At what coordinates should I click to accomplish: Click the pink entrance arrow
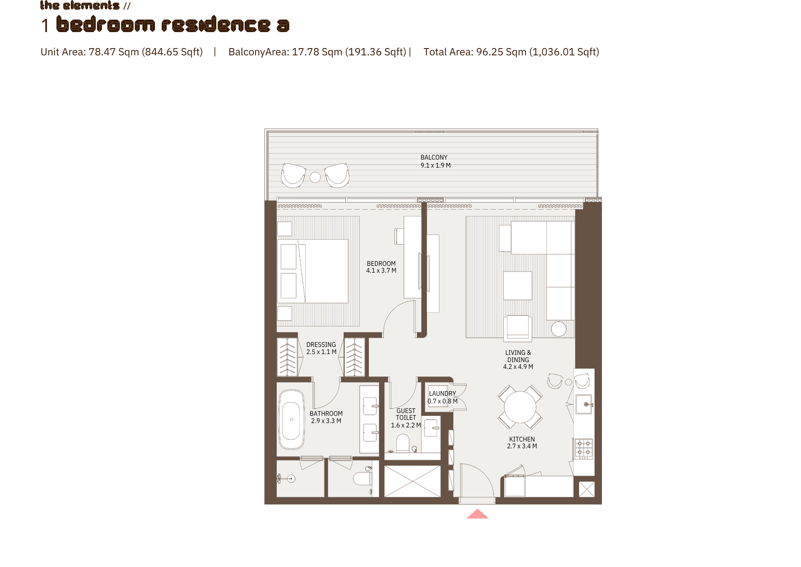[477, 514]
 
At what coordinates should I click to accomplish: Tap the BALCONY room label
[434, 158]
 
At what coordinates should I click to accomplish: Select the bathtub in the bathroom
[292, 419]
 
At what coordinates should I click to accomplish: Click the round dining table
[520, 407]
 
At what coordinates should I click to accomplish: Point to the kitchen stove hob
[584, 449]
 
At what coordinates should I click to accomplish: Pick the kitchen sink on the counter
[584, 404]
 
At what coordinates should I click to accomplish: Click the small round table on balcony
[315, 177]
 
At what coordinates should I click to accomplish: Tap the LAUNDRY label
[443, 394]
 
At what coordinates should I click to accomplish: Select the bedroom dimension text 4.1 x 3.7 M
[381, 271]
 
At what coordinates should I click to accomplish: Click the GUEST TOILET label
[406, 414]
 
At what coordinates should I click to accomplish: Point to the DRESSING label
[321, 345]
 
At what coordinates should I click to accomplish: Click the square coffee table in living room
[518, 286]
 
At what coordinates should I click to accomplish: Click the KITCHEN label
[522, 439]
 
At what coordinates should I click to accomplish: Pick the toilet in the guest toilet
[403, 443]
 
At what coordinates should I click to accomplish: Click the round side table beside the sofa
[559, 329]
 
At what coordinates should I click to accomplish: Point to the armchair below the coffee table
[518, 328]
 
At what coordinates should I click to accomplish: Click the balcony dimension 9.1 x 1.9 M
[435, 166]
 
